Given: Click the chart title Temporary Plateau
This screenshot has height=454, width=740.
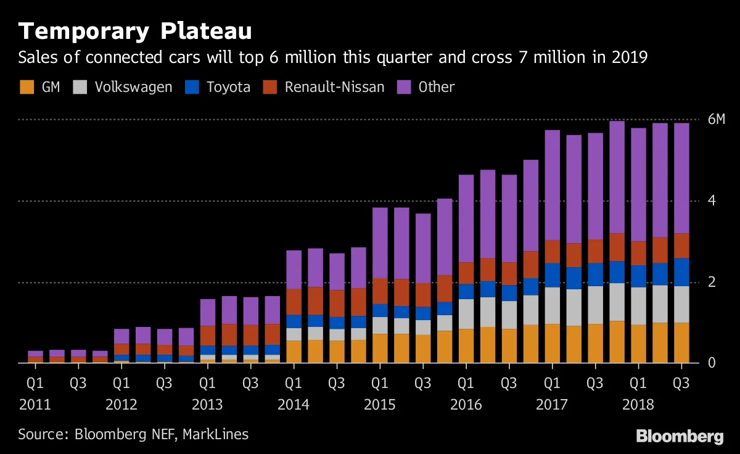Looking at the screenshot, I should pos(135,31).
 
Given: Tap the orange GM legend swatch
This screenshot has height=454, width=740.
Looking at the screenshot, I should pos(27,87).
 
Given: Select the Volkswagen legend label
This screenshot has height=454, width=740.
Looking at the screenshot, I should pos(133,87).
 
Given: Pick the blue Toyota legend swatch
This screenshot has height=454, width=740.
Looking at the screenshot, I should pos(192,87).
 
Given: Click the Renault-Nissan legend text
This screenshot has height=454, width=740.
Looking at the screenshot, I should pos(334,87).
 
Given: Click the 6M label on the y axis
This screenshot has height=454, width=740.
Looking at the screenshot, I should pos(716,119).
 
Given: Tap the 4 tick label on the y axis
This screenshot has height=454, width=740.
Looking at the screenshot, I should pos(712,200).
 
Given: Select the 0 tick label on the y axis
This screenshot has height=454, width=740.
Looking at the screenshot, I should pos(712,363).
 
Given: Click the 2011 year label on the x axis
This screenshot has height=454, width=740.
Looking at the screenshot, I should pos(36,405).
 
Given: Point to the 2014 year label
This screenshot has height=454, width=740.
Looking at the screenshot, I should pos(294,405).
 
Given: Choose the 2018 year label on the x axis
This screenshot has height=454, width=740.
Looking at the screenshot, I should pos(639,405).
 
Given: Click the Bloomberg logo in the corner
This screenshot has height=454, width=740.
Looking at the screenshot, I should pos(680,437).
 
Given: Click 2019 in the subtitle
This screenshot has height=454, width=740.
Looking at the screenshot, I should pos(630,58).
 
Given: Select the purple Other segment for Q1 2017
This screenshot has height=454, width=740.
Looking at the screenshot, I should pos(552,185).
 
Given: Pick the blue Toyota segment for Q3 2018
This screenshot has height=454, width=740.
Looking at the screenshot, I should pos(681,272).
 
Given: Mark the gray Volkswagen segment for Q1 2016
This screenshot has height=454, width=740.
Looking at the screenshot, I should pos(466,314).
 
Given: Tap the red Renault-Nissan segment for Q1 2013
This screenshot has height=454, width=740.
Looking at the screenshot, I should pos(208,336).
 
